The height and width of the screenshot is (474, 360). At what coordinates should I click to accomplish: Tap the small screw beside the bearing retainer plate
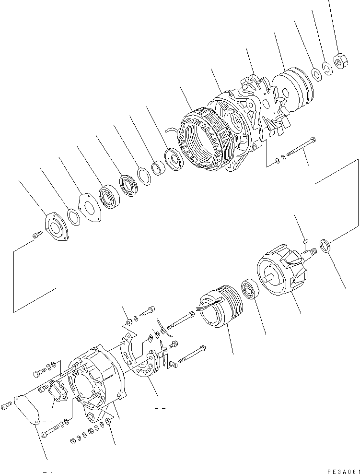tap(35, 235)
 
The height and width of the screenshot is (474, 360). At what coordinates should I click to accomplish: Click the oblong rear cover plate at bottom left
tap(28, 409)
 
